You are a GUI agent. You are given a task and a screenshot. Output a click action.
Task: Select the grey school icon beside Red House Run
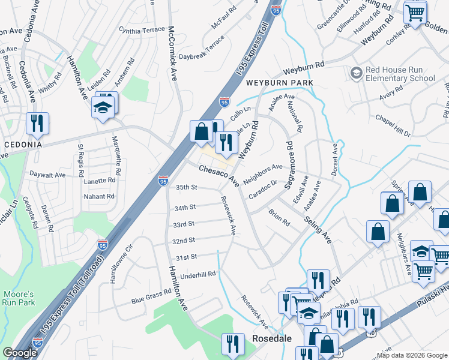tap(357, 73)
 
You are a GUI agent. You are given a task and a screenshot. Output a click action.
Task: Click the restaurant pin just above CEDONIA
tap(37, 124)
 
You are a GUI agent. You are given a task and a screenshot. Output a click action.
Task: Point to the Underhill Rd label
tap(196, 274)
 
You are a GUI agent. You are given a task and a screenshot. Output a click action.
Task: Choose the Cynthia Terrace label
tap(142, 29)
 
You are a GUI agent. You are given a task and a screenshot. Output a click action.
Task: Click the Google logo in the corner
tap(20, 353)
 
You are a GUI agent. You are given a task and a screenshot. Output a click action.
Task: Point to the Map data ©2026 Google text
tap(412, 355)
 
